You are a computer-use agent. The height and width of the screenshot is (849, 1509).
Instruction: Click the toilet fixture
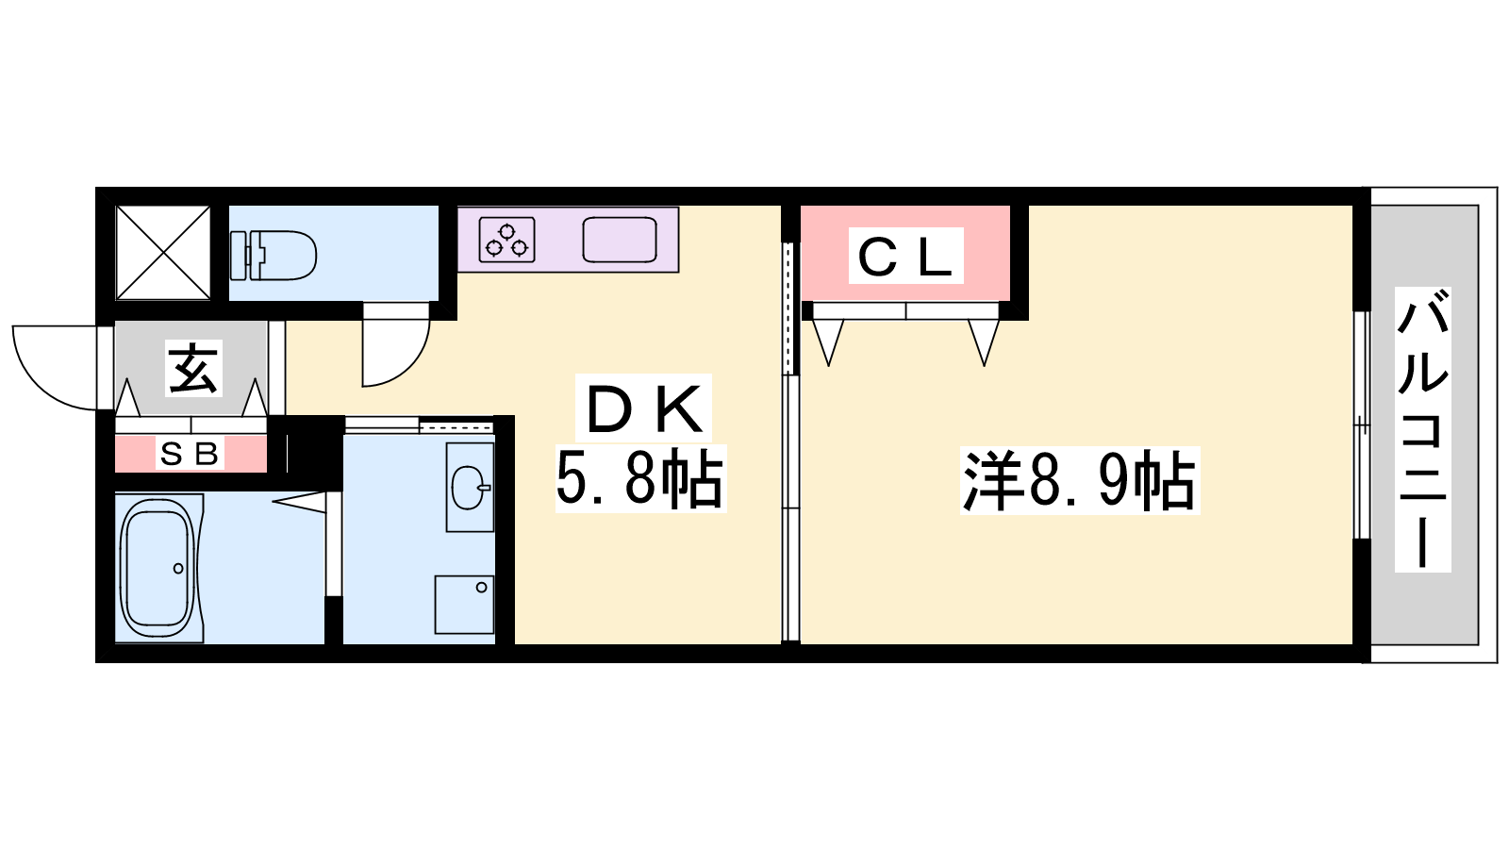[274, 256]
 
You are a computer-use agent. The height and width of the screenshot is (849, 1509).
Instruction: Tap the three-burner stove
[506, 240]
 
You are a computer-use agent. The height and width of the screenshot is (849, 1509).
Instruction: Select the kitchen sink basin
[620, 240]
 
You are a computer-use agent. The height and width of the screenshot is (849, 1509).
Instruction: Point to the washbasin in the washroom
[470, 487]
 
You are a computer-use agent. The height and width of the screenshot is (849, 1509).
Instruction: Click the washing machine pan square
[464, 605]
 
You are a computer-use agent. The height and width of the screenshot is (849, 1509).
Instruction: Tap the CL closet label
[905, 256]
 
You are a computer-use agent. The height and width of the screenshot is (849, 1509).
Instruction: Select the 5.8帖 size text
[640, 479]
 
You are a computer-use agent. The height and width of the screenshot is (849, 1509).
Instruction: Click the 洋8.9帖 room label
[1080, 481]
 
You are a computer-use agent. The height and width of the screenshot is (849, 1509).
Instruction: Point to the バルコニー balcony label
[1423, 430]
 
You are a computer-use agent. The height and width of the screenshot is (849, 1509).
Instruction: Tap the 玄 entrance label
[193, 369]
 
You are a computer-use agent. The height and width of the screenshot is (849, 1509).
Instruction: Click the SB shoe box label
[190, 454]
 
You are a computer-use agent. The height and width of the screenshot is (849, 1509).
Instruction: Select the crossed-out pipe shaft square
[163, 253]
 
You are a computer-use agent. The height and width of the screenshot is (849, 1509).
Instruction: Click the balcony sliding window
[1362, 425]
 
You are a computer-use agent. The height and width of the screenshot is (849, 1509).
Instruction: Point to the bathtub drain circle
[178, 569]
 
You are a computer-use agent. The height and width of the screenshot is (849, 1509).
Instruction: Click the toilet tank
[239, 256]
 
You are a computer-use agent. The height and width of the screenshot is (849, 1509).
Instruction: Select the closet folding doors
[906, 335]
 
